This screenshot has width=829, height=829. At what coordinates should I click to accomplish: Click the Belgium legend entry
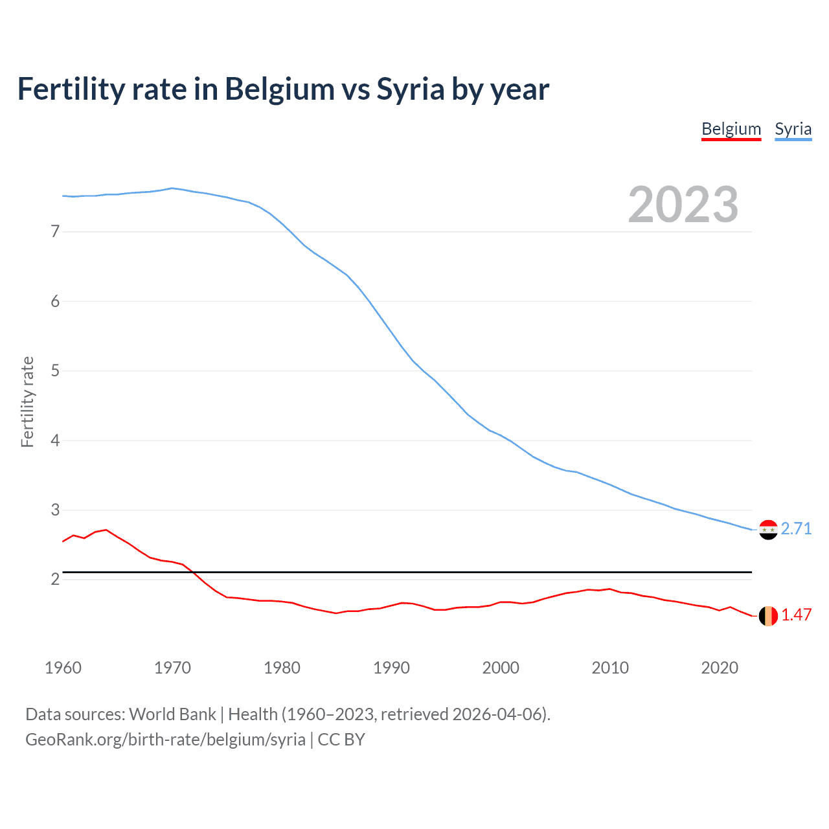pos(731,129)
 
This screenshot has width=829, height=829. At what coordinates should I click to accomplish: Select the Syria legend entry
pos(793,129)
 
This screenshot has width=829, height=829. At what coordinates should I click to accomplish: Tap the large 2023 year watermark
pos(683,205)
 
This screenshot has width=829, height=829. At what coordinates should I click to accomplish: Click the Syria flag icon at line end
pos(768,530)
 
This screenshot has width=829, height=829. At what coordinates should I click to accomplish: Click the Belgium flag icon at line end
pos(768,616)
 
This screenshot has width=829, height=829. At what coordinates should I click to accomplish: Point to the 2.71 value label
pos(796,529)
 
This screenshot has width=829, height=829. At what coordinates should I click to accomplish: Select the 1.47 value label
pos(796,615)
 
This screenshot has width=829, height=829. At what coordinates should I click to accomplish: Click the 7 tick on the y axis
pos(55,232)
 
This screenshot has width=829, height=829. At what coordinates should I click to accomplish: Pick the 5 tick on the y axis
pos(55,371)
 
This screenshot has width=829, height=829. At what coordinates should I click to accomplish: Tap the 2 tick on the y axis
pos(55,580)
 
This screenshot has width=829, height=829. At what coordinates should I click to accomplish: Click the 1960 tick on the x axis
pos(63,668)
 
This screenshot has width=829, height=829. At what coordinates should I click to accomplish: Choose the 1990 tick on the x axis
pos(391,668)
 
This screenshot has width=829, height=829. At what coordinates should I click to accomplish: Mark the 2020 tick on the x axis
pos(720,668)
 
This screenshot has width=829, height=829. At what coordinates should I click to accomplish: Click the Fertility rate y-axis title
pos(27,402)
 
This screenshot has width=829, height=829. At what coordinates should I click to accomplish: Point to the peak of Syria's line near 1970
pos(172,188)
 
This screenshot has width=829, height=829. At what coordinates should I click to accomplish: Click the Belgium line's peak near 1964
pos(106,530)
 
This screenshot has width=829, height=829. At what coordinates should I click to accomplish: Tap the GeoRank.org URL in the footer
pos(165,740)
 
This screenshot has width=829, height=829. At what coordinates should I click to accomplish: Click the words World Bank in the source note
pos(172,714)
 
